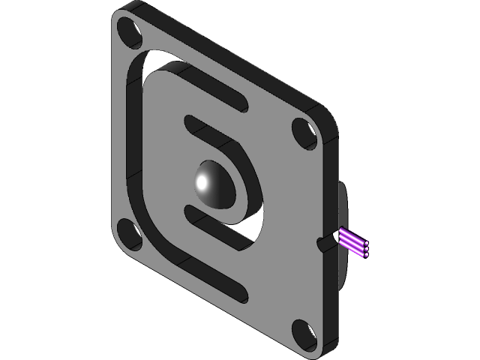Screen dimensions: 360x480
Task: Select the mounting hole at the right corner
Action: click(304, 133)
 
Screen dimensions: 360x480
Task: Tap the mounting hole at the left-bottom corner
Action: click(129, 235)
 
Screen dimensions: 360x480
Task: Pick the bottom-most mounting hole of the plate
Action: click(302, 334)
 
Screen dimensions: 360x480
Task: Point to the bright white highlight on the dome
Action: click(202, 182)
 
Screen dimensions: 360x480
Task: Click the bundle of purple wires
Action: click(354, 242)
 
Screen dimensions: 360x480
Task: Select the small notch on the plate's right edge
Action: click(324, 242)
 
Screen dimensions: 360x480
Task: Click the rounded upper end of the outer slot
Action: click(239, 103)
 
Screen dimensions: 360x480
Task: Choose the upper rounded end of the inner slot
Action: click(189, 121)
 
